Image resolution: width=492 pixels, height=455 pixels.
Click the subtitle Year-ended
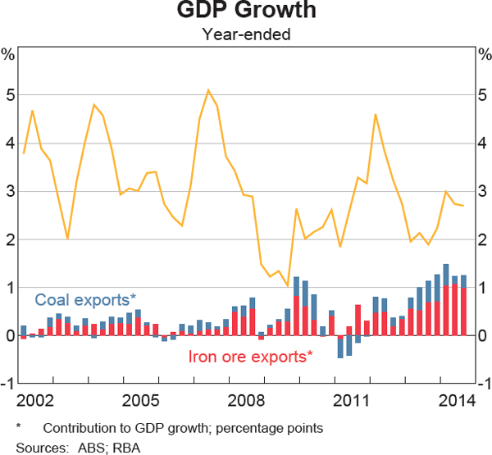tap(246, 34)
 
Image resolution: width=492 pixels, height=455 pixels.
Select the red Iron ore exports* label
tap(251, 357)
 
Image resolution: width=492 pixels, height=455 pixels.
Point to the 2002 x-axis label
tap(34, 401)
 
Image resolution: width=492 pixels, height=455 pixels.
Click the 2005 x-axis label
tap(140, 401)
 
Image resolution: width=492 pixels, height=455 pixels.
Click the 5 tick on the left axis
tap(10, 95)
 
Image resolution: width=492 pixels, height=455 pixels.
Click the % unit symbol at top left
tap(8, 55)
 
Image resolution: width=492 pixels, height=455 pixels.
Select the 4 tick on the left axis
tap(10, 143)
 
